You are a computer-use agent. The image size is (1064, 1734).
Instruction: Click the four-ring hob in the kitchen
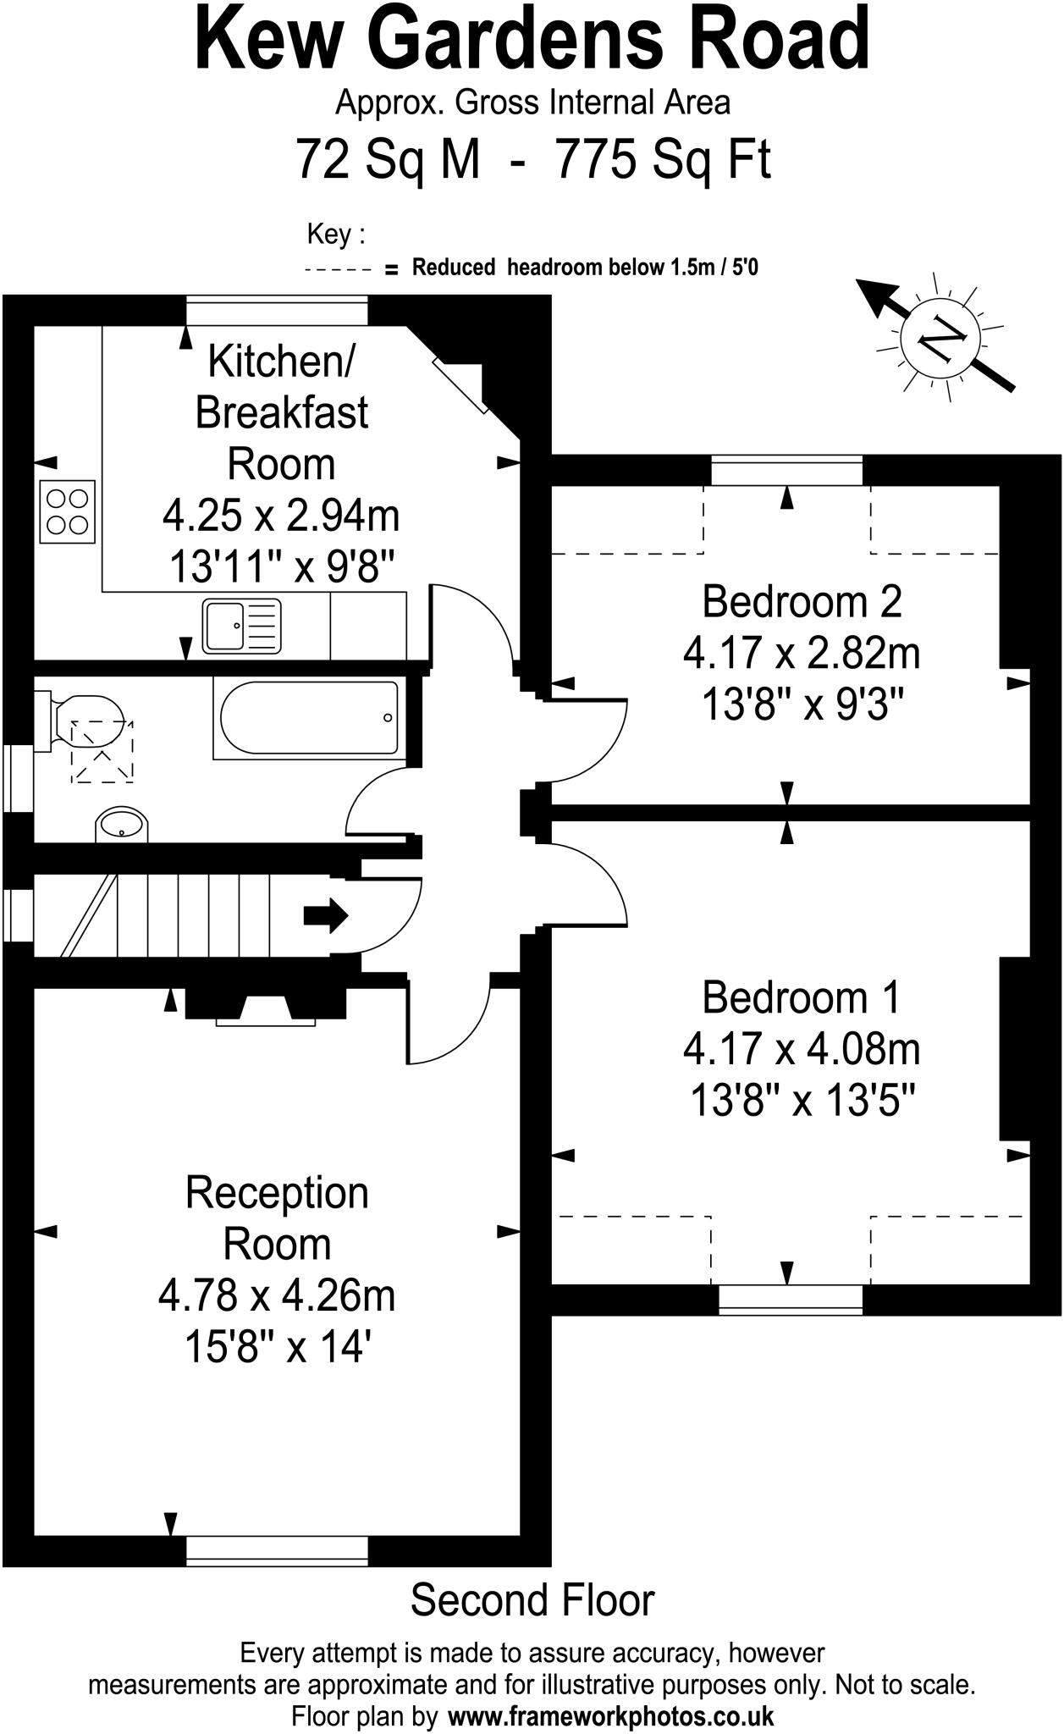[x=68, y=511]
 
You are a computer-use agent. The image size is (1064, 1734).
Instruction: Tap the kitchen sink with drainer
[x=241, y=626]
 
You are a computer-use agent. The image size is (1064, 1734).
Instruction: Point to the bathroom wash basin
[x=122, y=823]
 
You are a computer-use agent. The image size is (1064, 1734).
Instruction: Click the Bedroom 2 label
[x=801, y=601]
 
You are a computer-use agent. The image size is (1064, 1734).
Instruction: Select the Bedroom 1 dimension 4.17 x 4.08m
[x=801, y=1050]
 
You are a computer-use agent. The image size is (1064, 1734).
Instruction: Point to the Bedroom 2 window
[x=786, y=470]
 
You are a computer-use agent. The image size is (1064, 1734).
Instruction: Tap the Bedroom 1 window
[x=790, y=1299]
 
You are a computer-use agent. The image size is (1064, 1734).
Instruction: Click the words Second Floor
[x=532, y=1600]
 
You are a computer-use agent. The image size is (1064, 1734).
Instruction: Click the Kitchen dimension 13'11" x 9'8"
[x=282, y=566]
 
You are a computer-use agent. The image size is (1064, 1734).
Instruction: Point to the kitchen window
[x=277, y=310]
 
